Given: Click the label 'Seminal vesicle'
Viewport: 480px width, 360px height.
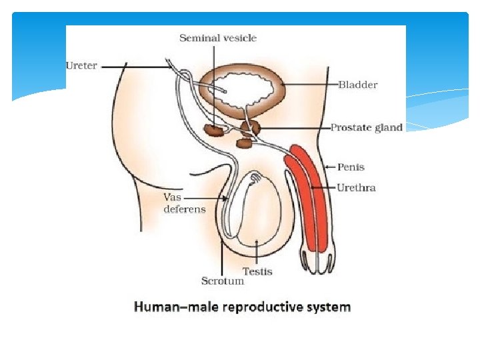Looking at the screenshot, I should [217, 38].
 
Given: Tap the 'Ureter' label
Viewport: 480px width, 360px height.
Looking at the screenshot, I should [81, 65].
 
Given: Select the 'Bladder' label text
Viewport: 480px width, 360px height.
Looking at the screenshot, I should [358, 85].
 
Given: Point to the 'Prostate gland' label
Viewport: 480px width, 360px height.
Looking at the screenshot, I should [367, 127].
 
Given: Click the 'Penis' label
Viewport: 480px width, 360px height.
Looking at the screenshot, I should [351, 167].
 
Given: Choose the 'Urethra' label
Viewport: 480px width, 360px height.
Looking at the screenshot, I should [356, 187].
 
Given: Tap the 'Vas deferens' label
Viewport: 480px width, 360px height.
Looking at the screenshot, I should [184, 203].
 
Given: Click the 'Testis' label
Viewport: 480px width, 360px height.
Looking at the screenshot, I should [257, 271].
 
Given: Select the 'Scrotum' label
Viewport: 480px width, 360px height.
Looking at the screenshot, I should [223, 281].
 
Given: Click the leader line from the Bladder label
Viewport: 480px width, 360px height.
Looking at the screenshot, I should [313, 85].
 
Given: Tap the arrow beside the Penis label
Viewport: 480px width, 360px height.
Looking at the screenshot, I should [329, 167].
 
